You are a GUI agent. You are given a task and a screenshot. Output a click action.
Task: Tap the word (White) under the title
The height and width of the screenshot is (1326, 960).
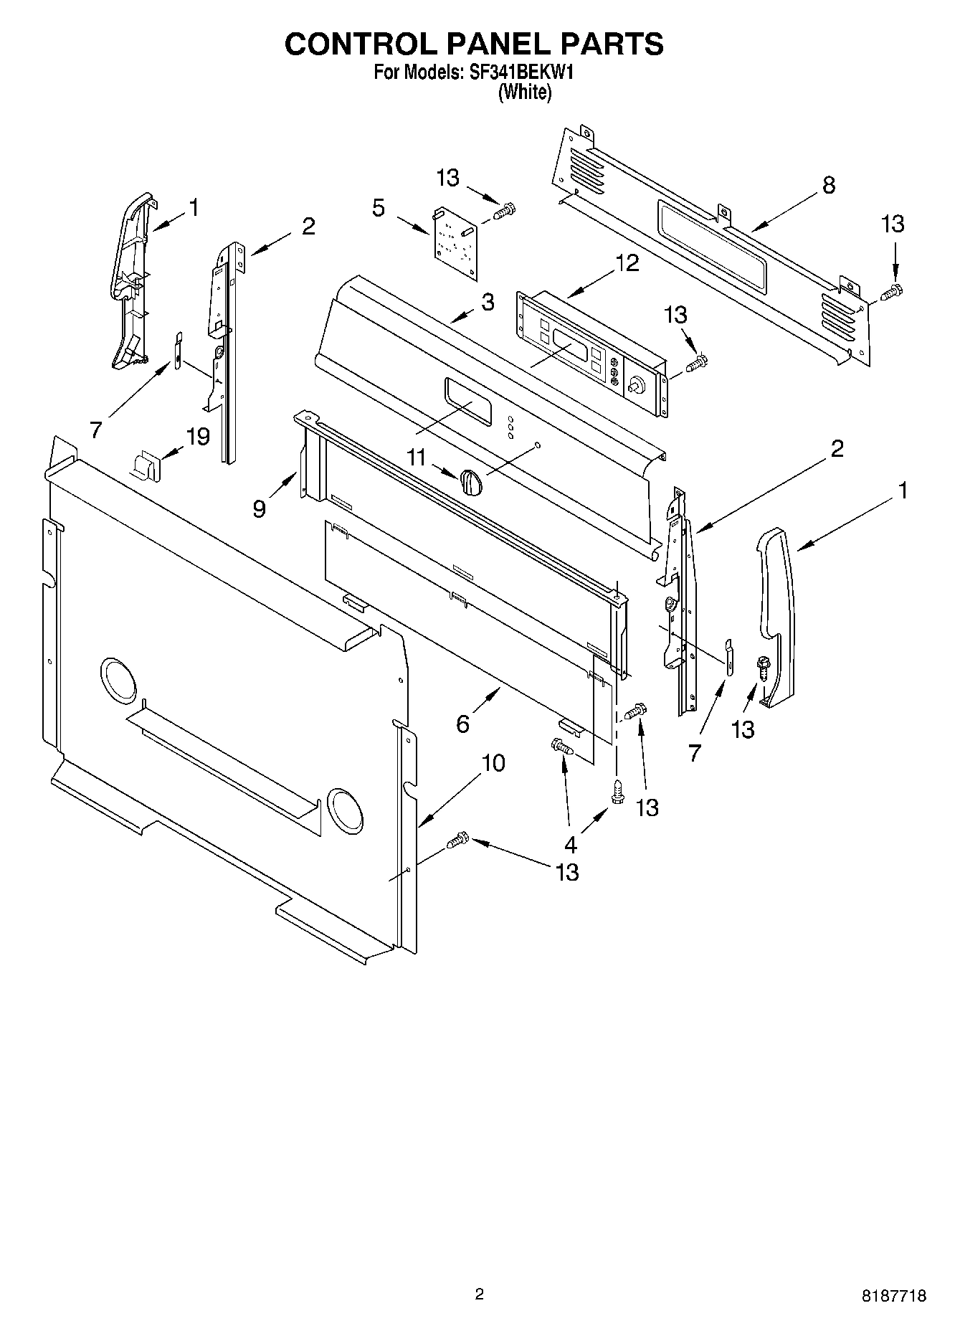point(525,93)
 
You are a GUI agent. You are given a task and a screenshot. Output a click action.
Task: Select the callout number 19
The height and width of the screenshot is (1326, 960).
point(198,436)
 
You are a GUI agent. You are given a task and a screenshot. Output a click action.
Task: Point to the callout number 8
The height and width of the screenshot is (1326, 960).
point(828,185)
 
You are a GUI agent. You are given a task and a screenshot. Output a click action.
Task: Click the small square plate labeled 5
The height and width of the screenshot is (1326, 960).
point(455,242)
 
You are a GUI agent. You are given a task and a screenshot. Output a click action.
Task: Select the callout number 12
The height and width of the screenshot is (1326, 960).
point(627,263)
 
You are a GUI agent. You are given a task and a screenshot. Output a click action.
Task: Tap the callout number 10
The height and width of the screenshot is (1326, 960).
point(493,763)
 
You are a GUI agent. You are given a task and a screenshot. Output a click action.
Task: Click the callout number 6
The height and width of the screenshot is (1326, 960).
point(462,724)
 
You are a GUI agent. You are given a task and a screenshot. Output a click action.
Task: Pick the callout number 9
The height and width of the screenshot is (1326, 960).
point(259,508)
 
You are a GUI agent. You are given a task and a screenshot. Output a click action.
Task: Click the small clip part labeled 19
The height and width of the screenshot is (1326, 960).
point(146,466)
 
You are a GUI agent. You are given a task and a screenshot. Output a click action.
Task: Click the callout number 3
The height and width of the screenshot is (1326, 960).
point(488,303)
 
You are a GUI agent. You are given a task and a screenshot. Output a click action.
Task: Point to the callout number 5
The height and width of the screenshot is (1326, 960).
point(378,209)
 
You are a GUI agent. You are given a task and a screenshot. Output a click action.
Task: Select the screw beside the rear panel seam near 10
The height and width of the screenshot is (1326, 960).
point(457,840)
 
